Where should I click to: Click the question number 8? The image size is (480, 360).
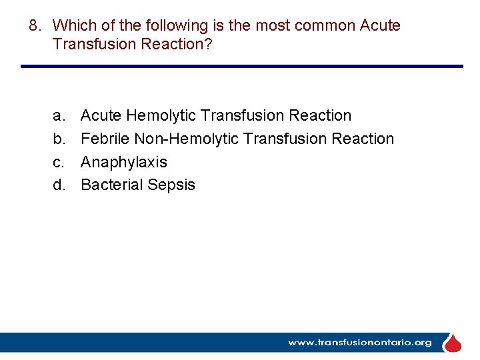point(35,26)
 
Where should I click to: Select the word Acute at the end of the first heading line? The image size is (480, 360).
point(380,26)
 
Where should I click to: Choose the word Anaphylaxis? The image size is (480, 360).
point(124,163)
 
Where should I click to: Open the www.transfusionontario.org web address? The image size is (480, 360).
point(359,343)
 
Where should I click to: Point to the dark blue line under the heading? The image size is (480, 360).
point(241,66)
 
